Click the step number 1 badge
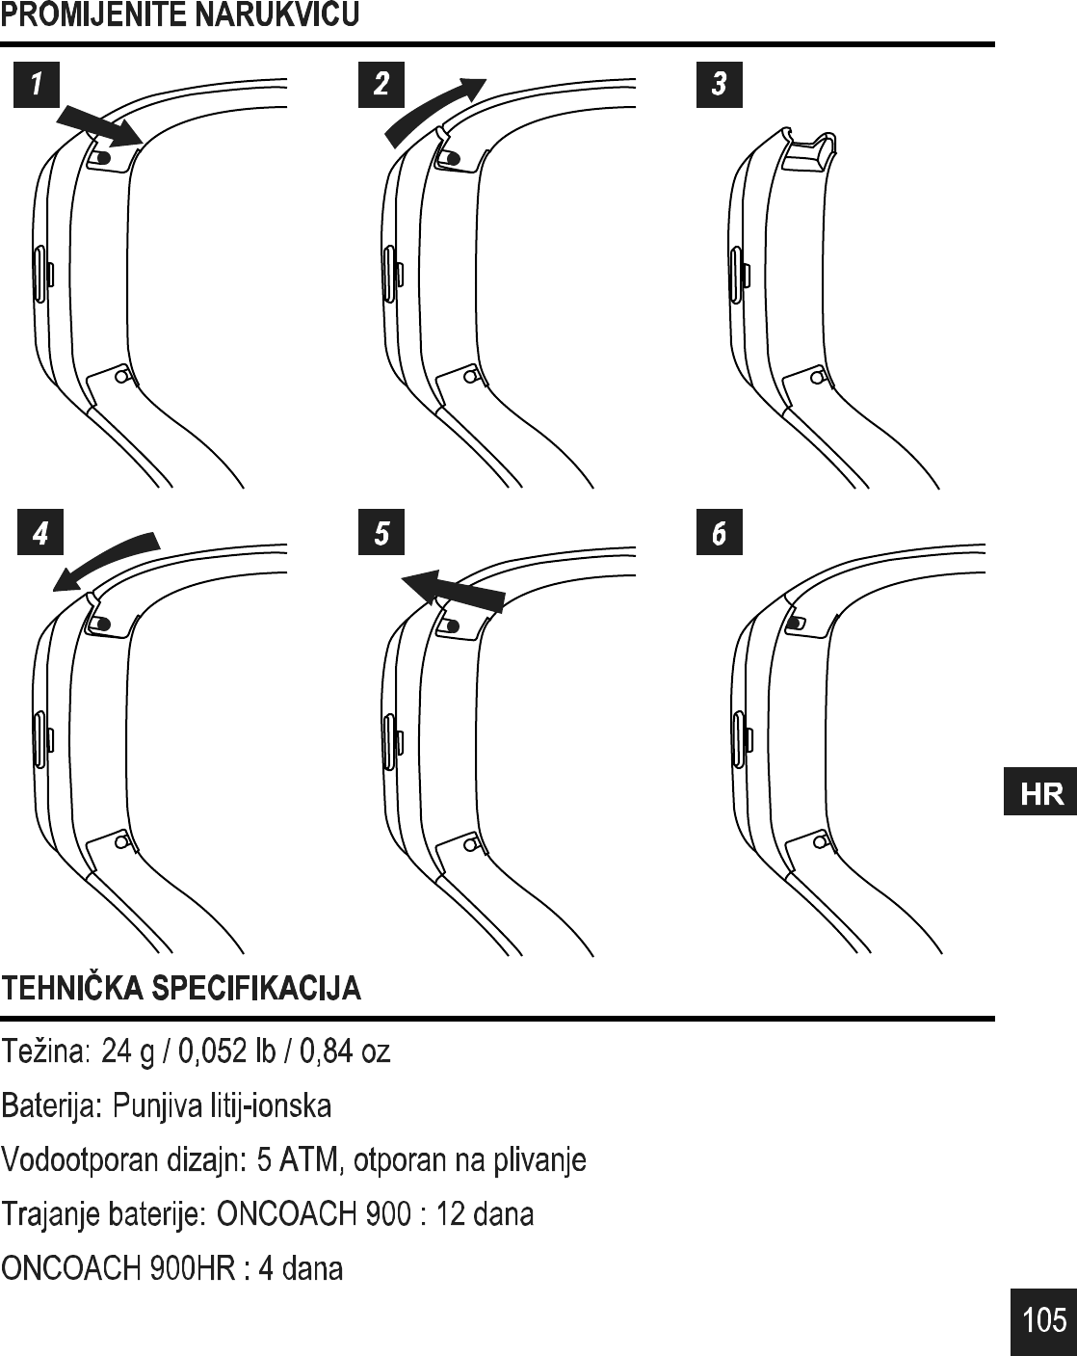tap(37, 84)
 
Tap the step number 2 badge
tap(381, 84)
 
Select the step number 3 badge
tap(719, 84)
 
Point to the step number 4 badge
tap(40, 533)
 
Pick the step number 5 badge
tap(381, 533)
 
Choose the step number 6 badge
tap(719, 533)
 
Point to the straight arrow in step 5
tap(453, 588)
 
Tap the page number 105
tap(1044, 1319)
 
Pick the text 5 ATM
tap(300, 1159)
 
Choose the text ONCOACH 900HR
tap(119, 1268)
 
